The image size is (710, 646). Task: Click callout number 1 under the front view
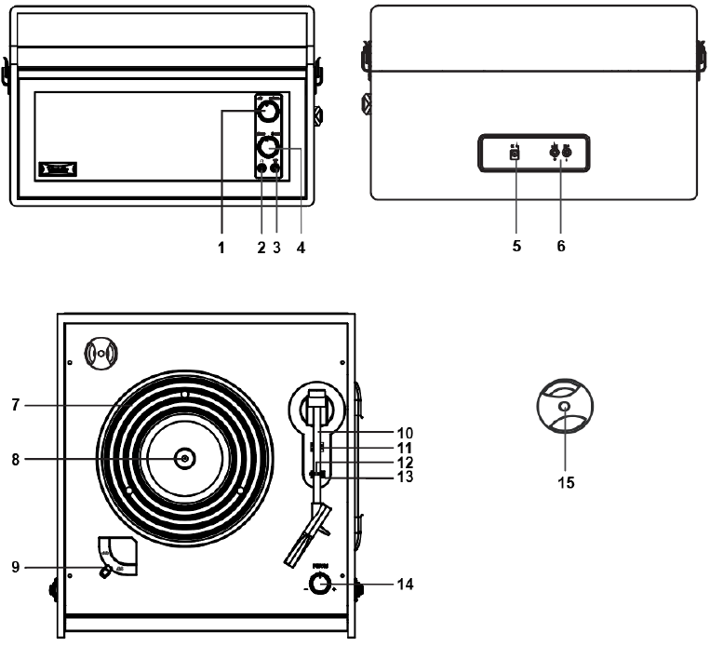tap(221, 248)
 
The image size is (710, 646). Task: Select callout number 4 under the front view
tap(298, 248)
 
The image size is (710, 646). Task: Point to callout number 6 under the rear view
tap(560, 248)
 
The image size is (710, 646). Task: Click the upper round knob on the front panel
tap(267, 113)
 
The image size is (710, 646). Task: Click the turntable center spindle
tap(184, 458)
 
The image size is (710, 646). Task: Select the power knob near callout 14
tap(319, 585)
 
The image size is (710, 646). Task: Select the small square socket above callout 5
tap(515, 154)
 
